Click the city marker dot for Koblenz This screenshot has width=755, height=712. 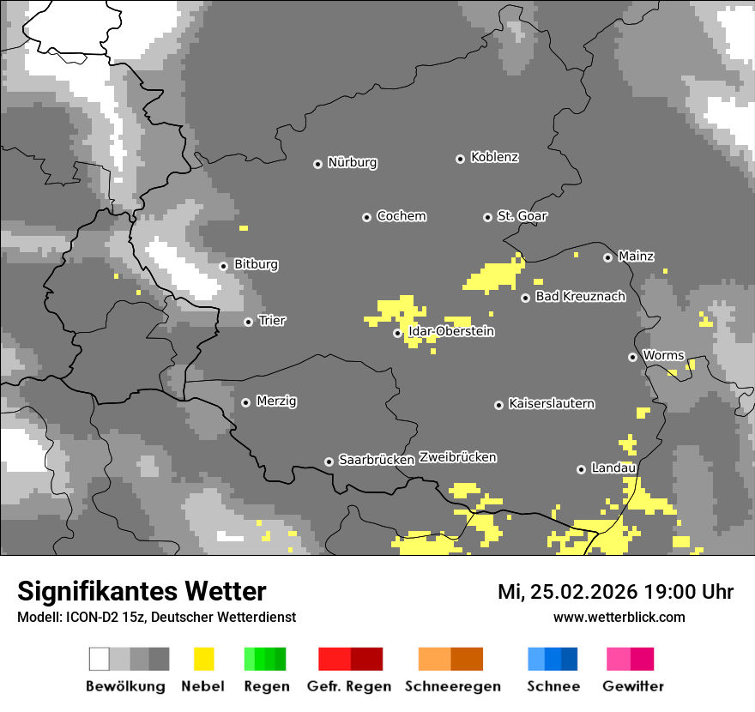[x=460, y=159]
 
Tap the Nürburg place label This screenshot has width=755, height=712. [x=353, y=163]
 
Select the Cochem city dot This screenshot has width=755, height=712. [x=366, y=217]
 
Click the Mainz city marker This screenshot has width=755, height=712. [x=607, y=257]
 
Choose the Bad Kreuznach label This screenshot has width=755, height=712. [x=580, y=297]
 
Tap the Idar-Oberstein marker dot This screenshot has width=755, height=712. [x=397, y=333]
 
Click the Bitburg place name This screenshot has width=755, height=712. [x=256, y=265]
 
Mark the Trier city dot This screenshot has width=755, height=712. [x=248, y=322]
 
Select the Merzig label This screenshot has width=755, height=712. [x=276, y=401]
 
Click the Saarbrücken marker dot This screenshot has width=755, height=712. [x=329, y=462]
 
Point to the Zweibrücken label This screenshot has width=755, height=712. [x=457, y=458]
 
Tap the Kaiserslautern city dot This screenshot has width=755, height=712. [x=498, y=405]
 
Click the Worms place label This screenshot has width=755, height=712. [x=663, y=356]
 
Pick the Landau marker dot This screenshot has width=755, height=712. [x=581, y=469]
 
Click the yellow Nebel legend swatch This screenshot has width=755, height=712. [x=203, y=659]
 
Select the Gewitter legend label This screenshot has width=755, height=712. [x=633, y=686]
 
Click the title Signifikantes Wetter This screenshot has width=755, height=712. [x=142, y=591]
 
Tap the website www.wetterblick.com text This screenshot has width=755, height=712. [x=619, y=617]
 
